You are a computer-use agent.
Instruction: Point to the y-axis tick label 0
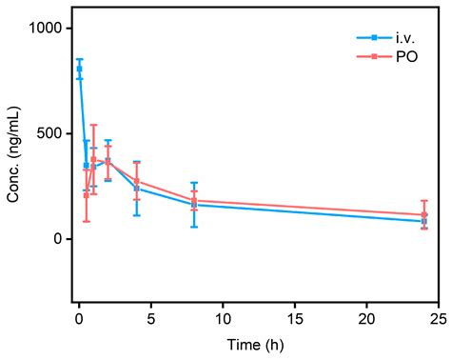pos(59,239)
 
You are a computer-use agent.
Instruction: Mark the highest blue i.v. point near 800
pos(79,69)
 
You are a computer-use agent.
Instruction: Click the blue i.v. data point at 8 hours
pos(193,205)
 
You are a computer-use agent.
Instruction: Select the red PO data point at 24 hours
pos(424,215)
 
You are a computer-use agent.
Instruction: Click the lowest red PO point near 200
pos(86,195)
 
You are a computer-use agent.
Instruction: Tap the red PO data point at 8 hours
pos(193,201)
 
